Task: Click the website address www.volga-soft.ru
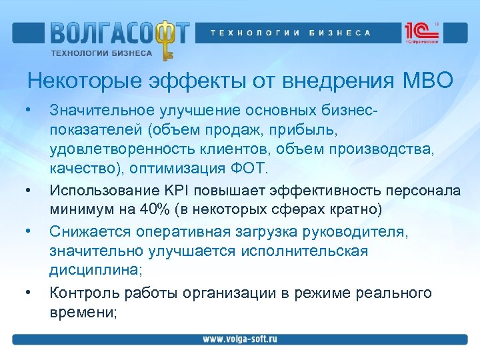click(240, 339)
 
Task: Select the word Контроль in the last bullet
click(79, 293)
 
